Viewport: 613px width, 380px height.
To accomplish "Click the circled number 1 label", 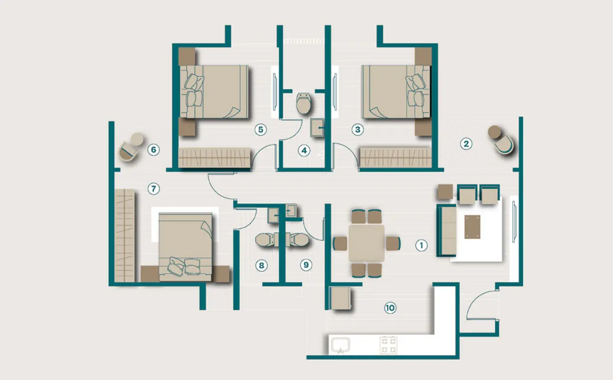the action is pos(421,246).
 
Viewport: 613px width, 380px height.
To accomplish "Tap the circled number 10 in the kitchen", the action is pos(390,308).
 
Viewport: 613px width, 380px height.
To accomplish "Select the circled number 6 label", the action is pos(153,150).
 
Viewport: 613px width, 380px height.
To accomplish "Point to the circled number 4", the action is pos(304,151).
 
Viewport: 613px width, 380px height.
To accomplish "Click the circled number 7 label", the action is pos(153,189).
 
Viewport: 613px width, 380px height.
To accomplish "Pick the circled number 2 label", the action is pos(466,144).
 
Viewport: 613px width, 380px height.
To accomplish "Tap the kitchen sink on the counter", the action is pos(340,345).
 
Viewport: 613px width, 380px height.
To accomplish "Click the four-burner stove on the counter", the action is pos(389,345).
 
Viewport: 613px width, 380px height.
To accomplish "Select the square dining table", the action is pos(367,244).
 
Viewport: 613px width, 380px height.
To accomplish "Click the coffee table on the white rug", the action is pos(472,227).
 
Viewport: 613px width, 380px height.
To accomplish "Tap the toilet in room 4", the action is pos(304,103).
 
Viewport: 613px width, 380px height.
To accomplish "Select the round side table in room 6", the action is pos(137,139).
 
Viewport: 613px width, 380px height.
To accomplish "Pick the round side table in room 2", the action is pos(494,132).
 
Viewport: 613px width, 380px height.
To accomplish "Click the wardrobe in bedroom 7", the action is pos(125,236).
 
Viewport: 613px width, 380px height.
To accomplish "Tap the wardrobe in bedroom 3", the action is pos(396,158).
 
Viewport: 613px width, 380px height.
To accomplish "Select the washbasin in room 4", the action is pos(317,128).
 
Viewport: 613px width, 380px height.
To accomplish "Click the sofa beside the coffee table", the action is pos(447,230).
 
